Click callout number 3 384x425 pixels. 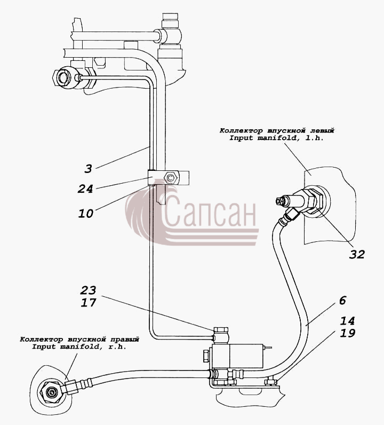[x=89, y=169]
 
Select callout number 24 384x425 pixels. [x=85, y=189]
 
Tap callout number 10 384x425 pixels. [x=86, y=214]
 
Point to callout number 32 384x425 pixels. [x=357, y=255]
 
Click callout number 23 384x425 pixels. [x=89, y=290]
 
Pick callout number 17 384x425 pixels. [x=89, y=303]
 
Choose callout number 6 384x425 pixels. [x=342, y=301]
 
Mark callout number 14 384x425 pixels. [x=347, y=321]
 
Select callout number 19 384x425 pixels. [x=347, y=333]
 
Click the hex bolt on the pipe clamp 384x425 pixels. [x=170, y=178]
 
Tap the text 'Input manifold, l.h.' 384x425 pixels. [x=277, y=138]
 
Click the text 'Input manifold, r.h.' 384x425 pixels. [x=79, y=347]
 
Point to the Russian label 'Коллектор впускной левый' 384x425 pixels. [x=277, y=131]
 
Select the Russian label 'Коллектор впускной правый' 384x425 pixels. [x=79, y=340]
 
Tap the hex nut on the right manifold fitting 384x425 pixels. [x=51, y=392]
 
